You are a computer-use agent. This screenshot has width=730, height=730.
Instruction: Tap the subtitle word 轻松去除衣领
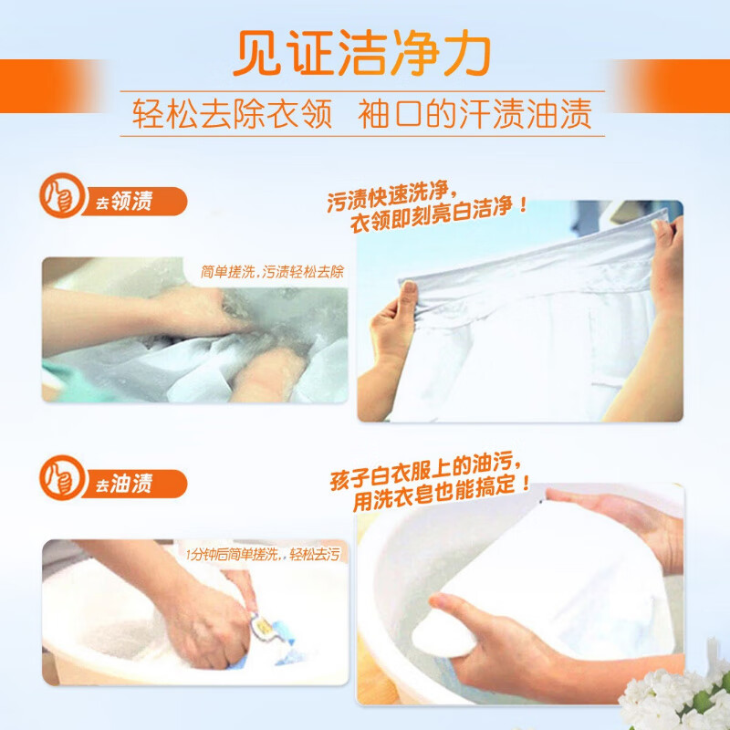(x=233, y=114)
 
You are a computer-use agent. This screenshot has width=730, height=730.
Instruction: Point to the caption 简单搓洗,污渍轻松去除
(x=272, y=272)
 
